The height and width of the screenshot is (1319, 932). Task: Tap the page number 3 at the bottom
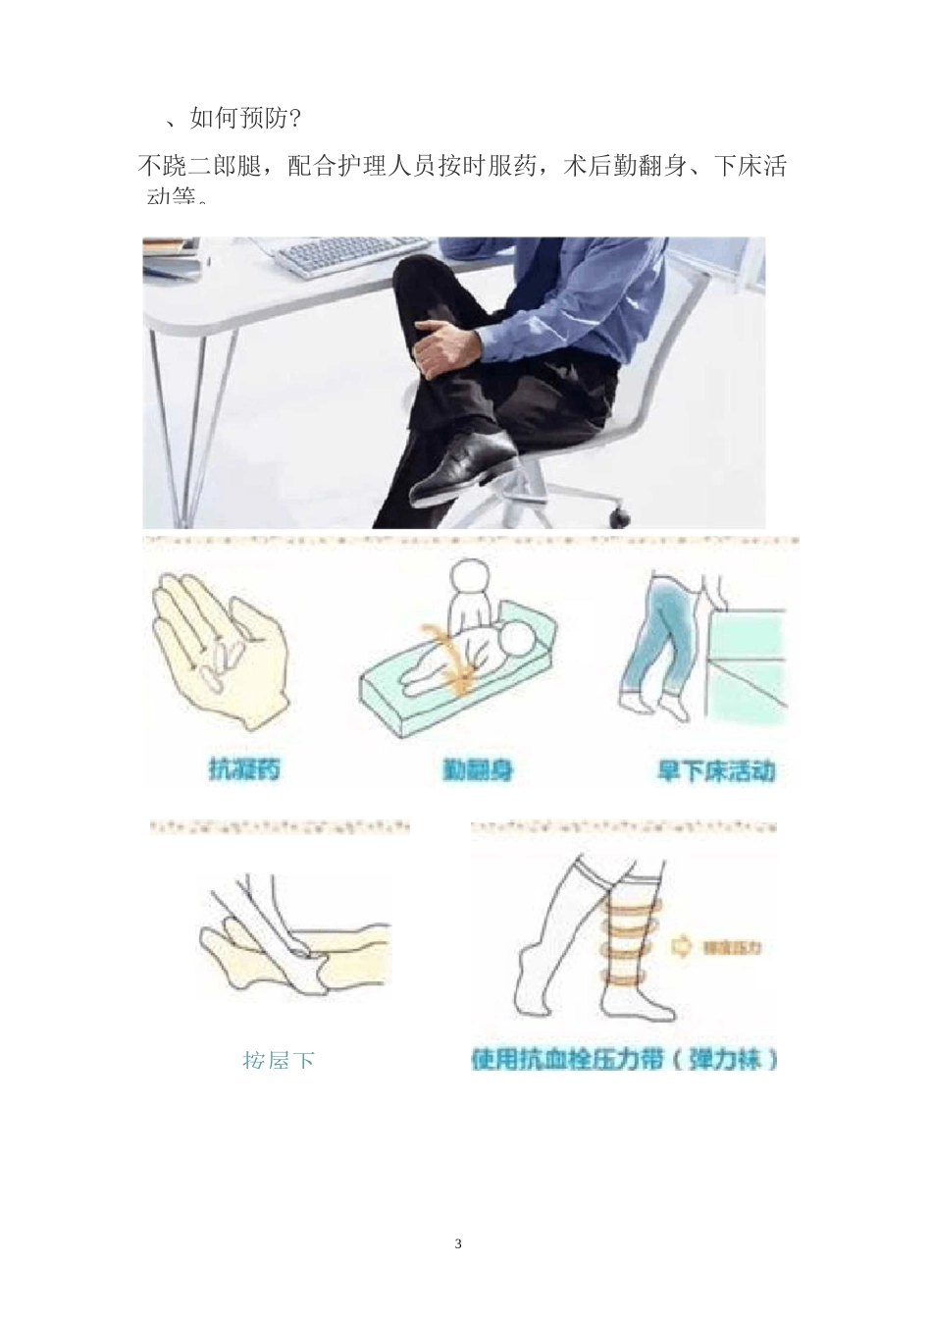[458, 1244]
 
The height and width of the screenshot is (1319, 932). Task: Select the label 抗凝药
[244, 768]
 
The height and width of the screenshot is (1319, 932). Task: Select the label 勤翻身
[478, 769]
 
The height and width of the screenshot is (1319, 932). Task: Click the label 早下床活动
[715, 770]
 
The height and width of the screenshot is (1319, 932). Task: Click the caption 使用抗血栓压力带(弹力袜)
[625, 1060]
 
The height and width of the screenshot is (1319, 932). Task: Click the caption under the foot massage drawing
[279, 1061]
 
